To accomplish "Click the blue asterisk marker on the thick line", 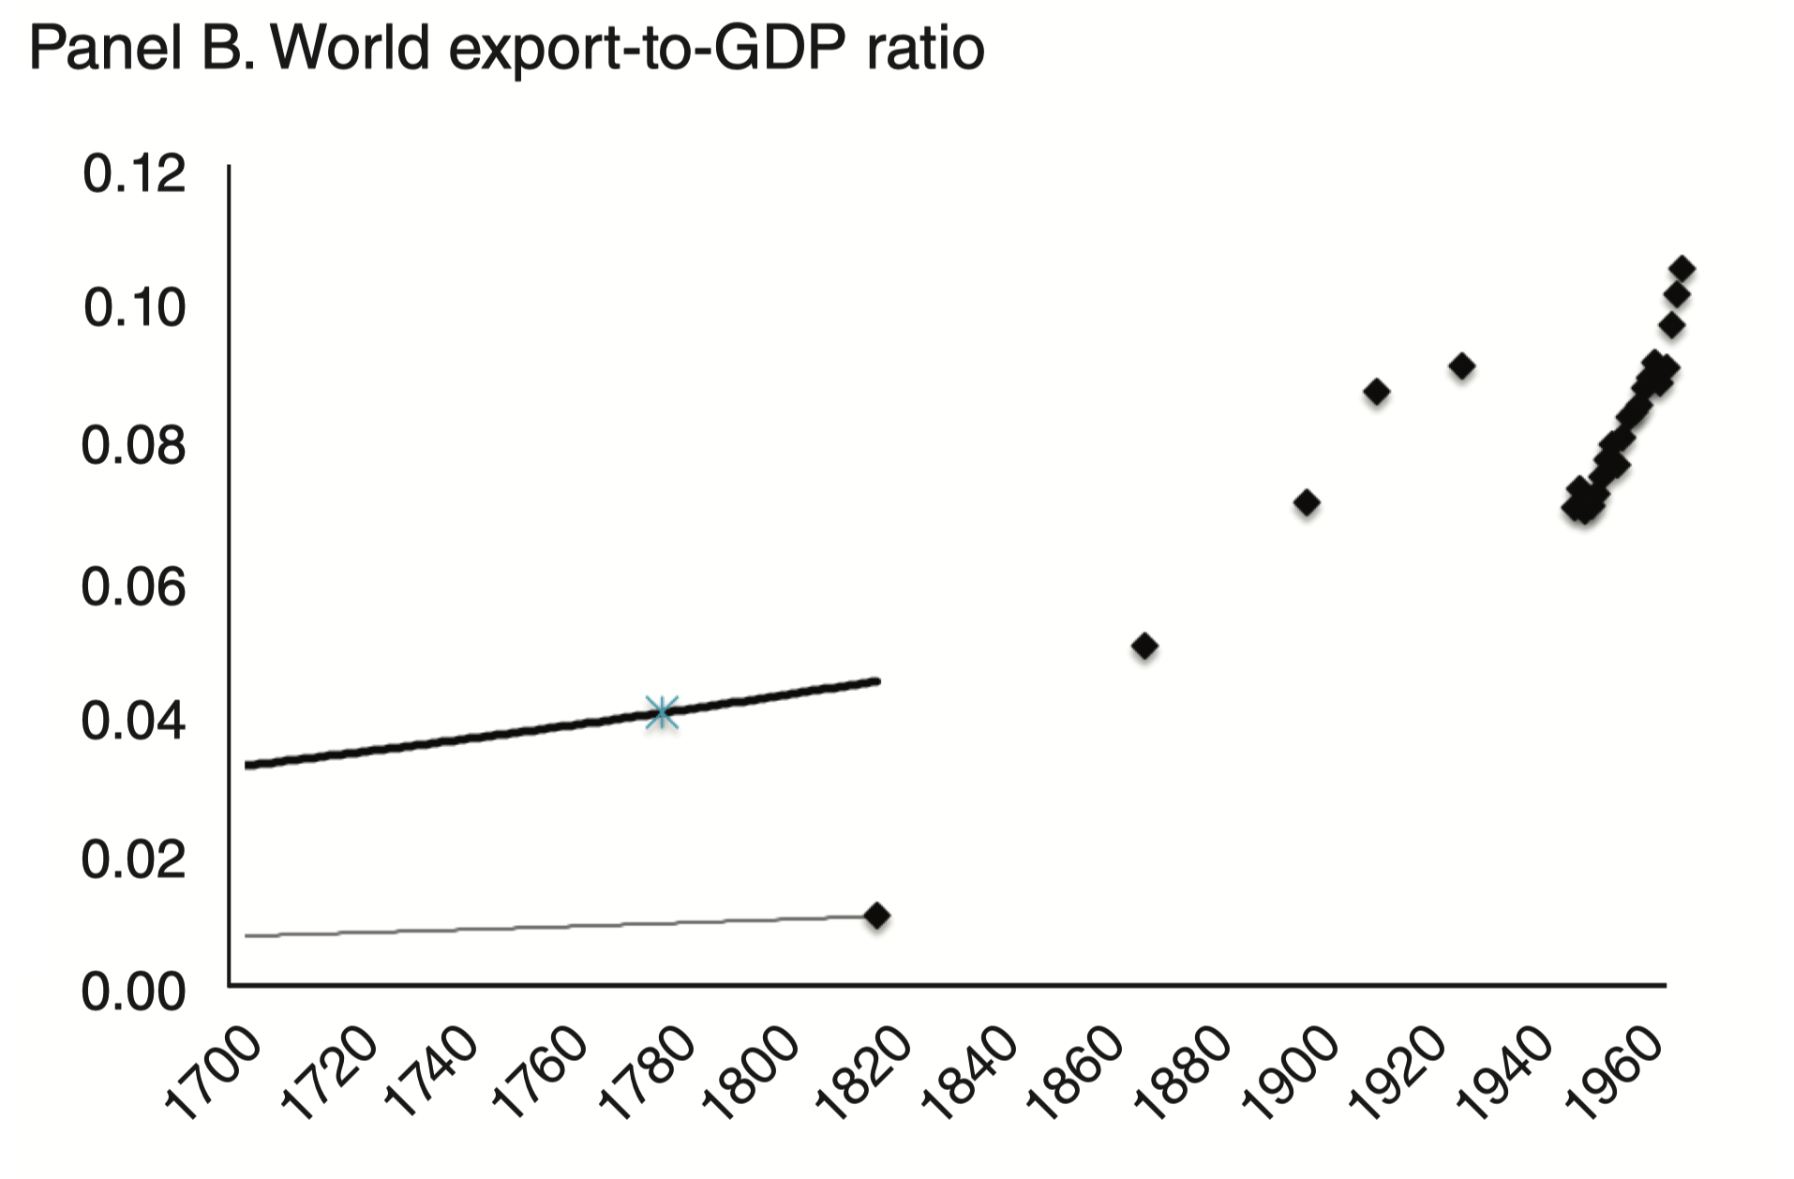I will click(x=662, y=712).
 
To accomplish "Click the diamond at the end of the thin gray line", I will click(x=876, y=915).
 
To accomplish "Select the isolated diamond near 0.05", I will click(x=1144, y=646).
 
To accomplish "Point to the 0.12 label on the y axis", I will click(x=134, y=174).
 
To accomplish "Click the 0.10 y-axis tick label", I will click(x=134, y=308).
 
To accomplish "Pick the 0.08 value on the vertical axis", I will click(x=134, y=446).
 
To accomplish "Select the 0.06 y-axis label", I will click(x=134, y=588).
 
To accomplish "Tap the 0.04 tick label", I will click(x=134, y=722).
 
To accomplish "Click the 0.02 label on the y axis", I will click(x=134, y=859).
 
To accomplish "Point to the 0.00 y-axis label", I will click(x=134, y=992).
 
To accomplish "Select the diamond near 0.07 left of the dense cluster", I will click(x=1307, y=503).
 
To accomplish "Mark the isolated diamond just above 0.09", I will click(x=1461, y=366).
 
